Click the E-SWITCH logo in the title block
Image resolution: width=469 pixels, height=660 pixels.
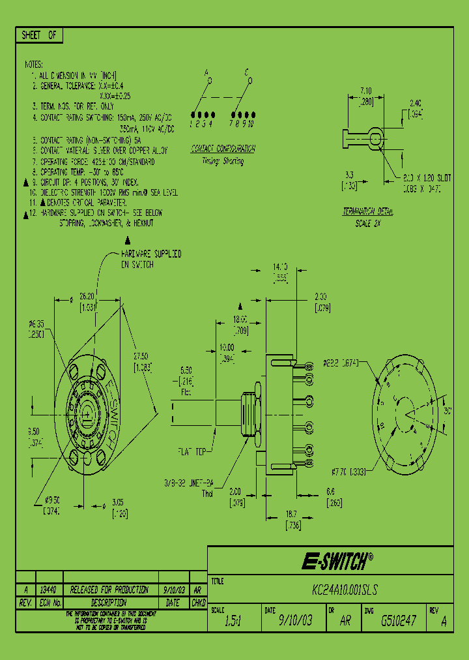336,560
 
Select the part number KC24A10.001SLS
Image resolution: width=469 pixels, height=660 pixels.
345,590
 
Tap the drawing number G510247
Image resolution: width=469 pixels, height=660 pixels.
398,621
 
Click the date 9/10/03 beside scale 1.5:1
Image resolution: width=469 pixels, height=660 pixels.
295,621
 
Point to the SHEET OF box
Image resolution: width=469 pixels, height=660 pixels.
39,36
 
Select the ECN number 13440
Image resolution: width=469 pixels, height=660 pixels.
48,590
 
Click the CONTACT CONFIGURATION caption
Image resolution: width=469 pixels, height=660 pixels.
223,149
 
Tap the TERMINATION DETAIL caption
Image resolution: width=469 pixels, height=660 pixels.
367,212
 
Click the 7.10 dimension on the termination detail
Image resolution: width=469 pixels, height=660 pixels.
365,91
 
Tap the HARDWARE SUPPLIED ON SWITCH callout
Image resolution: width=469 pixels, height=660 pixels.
150,259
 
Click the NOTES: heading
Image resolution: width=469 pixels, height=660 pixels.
33,65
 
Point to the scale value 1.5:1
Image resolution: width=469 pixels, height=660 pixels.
233,621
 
